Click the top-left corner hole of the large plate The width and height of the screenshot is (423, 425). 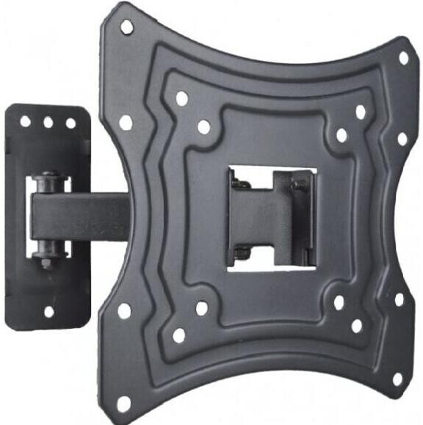pos(126,27)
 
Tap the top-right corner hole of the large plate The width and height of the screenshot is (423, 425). pos(403,57)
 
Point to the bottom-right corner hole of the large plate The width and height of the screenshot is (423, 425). pos(397,379)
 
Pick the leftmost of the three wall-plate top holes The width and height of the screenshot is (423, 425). pos(26,121)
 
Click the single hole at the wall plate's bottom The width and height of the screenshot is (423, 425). pos(48,312)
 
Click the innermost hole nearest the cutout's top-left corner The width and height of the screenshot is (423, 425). pos(204,127)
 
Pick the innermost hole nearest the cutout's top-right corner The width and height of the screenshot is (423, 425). pos(341,135)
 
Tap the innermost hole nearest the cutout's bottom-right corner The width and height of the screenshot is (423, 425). pos(339,302)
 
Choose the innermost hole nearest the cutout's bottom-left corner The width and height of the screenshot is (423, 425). pos(201,308)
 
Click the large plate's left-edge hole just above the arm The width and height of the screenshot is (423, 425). pos(126,122)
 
